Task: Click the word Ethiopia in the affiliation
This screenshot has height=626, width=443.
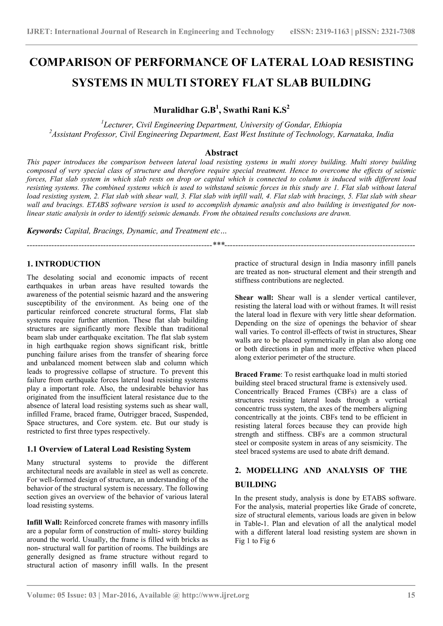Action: [328, 125]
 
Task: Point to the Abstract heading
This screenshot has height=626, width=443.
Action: [221, 152]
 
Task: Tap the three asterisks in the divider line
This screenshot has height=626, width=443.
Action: [218, 244]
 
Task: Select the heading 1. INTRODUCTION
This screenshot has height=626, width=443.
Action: [64, 264]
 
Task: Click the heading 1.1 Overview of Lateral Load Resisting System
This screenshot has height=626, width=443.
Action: [109, 449]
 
